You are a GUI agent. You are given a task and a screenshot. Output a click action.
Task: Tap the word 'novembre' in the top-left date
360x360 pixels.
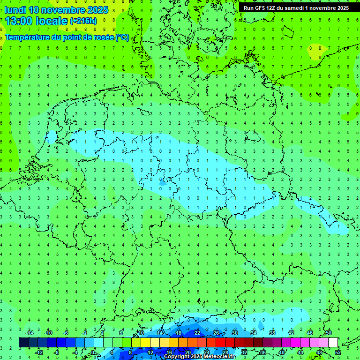60,10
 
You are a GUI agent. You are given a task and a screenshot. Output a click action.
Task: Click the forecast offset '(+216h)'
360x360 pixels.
83,21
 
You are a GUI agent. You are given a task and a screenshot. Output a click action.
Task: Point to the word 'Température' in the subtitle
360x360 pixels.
29,37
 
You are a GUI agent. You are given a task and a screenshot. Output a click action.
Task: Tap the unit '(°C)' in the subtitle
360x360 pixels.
122,37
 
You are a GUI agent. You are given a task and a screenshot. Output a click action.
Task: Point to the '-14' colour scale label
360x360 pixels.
29,333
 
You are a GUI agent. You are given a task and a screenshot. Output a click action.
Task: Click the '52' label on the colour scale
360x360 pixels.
337,352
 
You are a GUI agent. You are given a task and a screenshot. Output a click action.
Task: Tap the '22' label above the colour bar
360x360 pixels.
197,333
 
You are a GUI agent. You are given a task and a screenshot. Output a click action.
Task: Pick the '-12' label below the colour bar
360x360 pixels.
39,352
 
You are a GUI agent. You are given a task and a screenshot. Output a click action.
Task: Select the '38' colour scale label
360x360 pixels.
272,333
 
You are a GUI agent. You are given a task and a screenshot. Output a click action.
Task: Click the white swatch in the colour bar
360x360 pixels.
333,343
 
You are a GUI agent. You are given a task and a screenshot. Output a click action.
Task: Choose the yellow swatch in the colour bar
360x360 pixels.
145,343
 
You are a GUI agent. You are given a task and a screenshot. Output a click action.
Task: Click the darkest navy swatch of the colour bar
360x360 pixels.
23,343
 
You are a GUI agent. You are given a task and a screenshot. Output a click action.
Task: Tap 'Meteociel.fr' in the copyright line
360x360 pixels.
217,357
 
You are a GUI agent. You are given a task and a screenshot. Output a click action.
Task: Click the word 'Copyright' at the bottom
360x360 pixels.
177,357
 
